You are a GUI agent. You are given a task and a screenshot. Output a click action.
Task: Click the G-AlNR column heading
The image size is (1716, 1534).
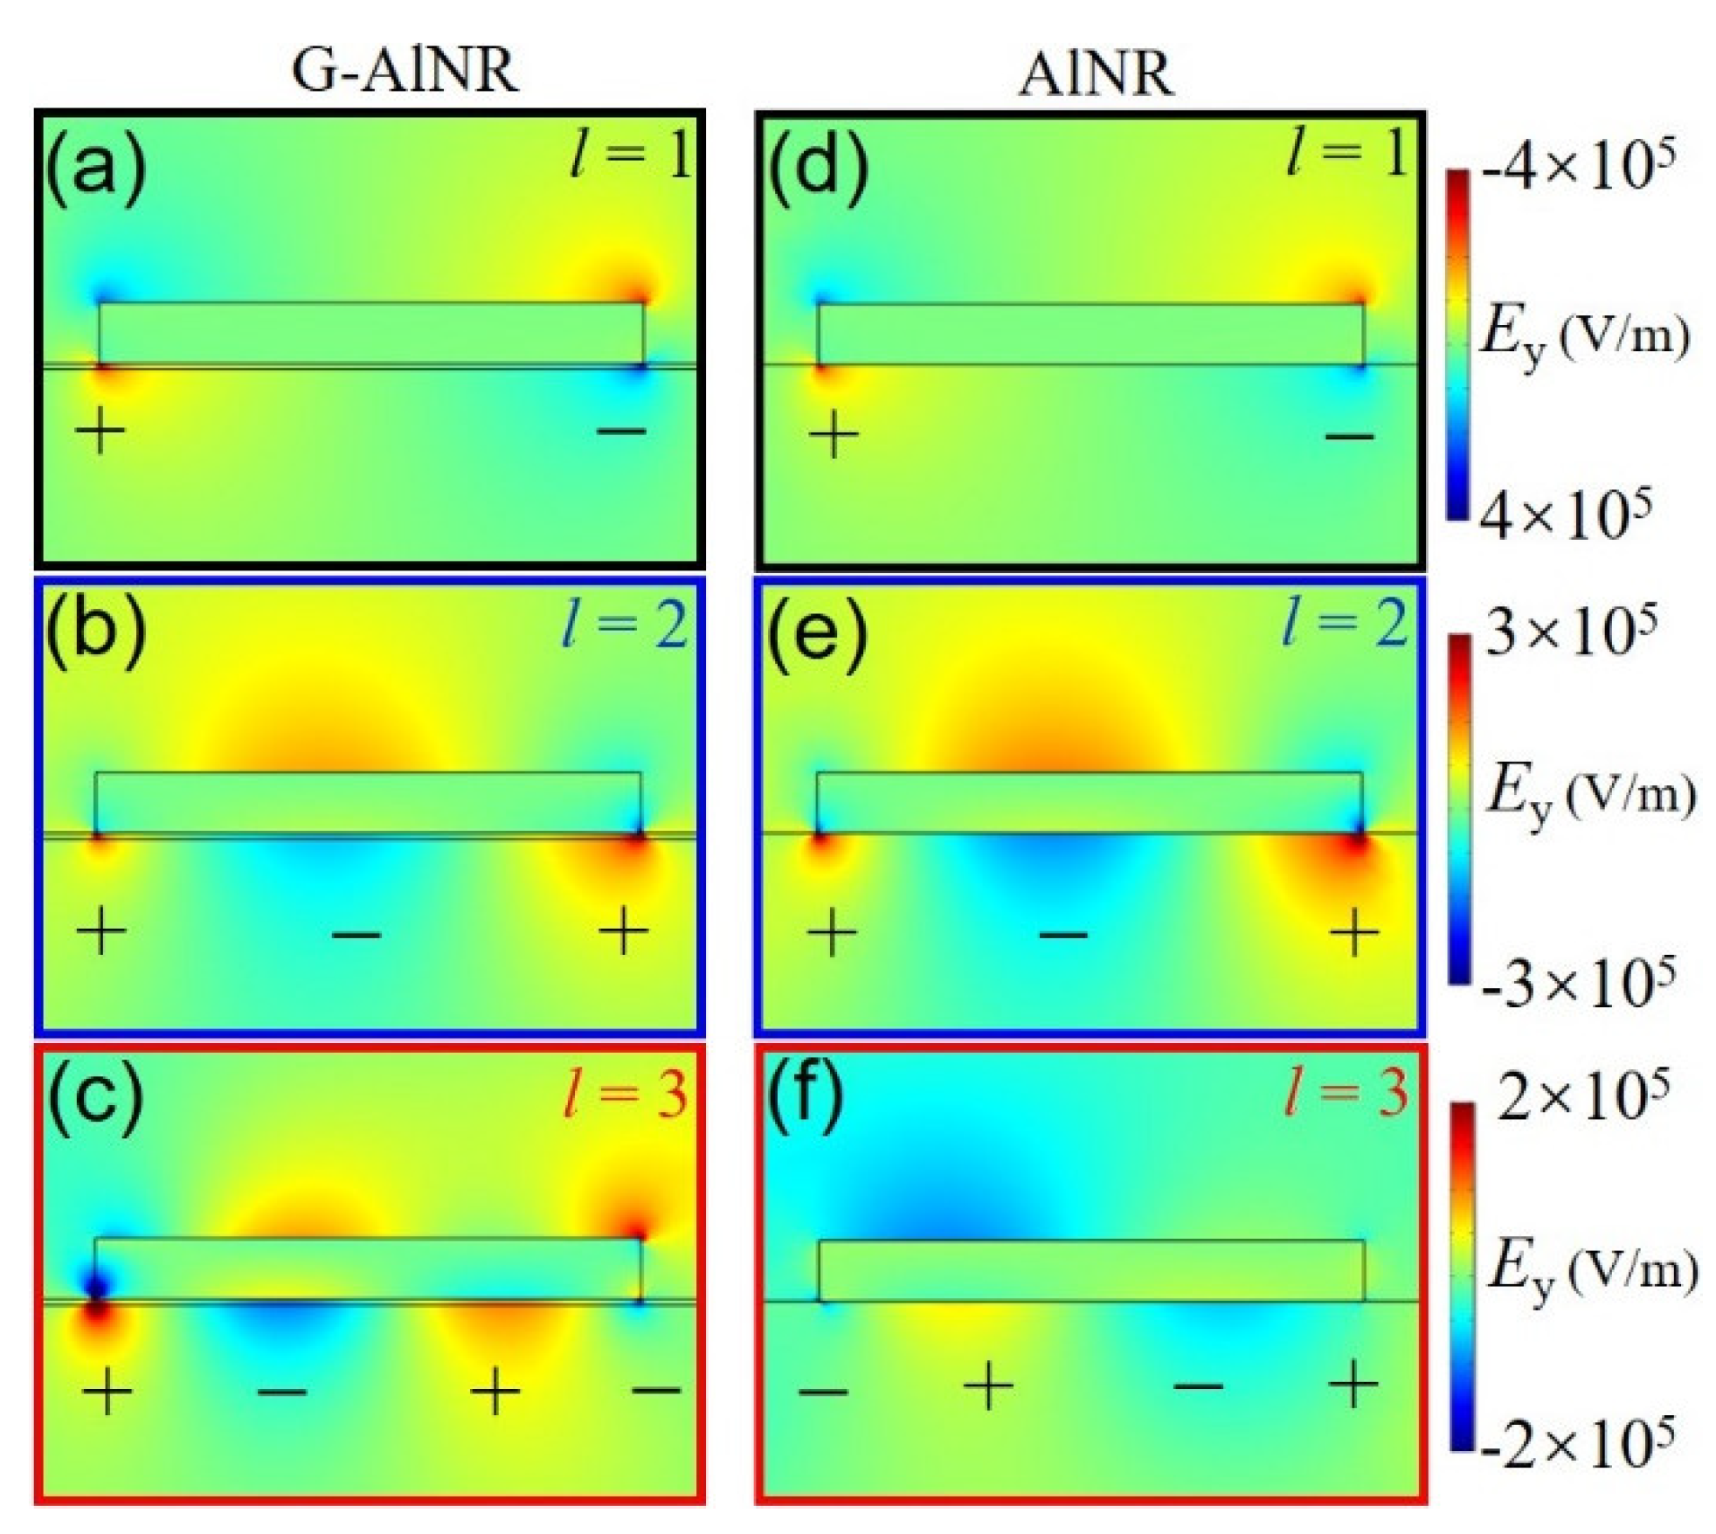pos(404,70)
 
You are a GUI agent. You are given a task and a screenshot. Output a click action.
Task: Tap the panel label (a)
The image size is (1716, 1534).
pos(95,169)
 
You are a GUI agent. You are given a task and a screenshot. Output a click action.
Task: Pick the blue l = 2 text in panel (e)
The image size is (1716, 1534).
pos(1346,624)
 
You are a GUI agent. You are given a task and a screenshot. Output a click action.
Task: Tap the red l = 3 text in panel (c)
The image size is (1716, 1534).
pos(626,1093)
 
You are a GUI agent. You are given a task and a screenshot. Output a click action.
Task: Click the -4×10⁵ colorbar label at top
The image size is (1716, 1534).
pos(1578,166)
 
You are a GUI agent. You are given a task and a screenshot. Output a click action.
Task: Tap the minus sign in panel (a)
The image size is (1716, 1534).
pos(621,431)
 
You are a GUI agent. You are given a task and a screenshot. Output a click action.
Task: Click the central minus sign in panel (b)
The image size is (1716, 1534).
pos(356,936)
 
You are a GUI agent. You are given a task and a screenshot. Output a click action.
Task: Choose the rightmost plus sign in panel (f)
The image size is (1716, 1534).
pos(1353,1385)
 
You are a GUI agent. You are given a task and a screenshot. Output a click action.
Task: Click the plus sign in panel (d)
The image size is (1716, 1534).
pos(834,434)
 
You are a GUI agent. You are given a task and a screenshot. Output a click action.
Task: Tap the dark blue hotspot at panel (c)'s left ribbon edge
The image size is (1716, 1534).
pos(96,1285)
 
